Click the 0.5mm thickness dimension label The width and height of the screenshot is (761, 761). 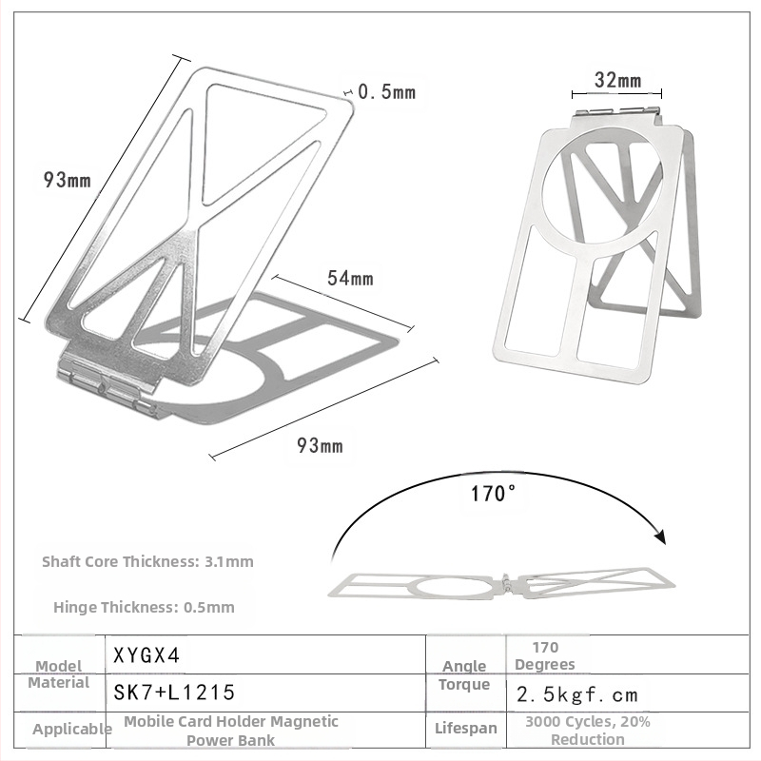point(387,92)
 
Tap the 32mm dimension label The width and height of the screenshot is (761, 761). point(617,80)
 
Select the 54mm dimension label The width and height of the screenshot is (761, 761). point(350,279)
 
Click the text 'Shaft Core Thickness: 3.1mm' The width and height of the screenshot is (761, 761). point(147,561)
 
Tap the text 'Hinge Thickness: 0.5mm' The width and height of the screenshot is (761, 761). point(144,607)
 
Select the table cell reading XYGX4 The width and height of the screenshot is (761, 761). point(147,655)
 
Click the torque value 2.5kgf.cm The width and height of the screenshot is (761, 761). point(577,694)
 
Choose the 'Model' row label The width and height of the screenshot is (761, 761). point(58,666)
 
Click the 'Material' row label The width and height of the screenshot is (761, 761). point(59,682)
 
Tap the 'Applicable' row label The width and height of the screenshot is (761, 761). point(72,730)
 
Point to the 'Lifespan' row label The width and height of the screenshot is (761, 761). point(466,729)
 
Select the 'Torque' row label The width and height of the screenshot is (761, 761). point(464,684)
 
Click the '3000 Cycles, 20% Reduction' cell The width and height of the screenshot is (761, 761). point(588,731)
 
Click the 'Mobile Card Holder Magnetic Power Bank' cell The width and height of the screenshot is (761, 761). point(231,731)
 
